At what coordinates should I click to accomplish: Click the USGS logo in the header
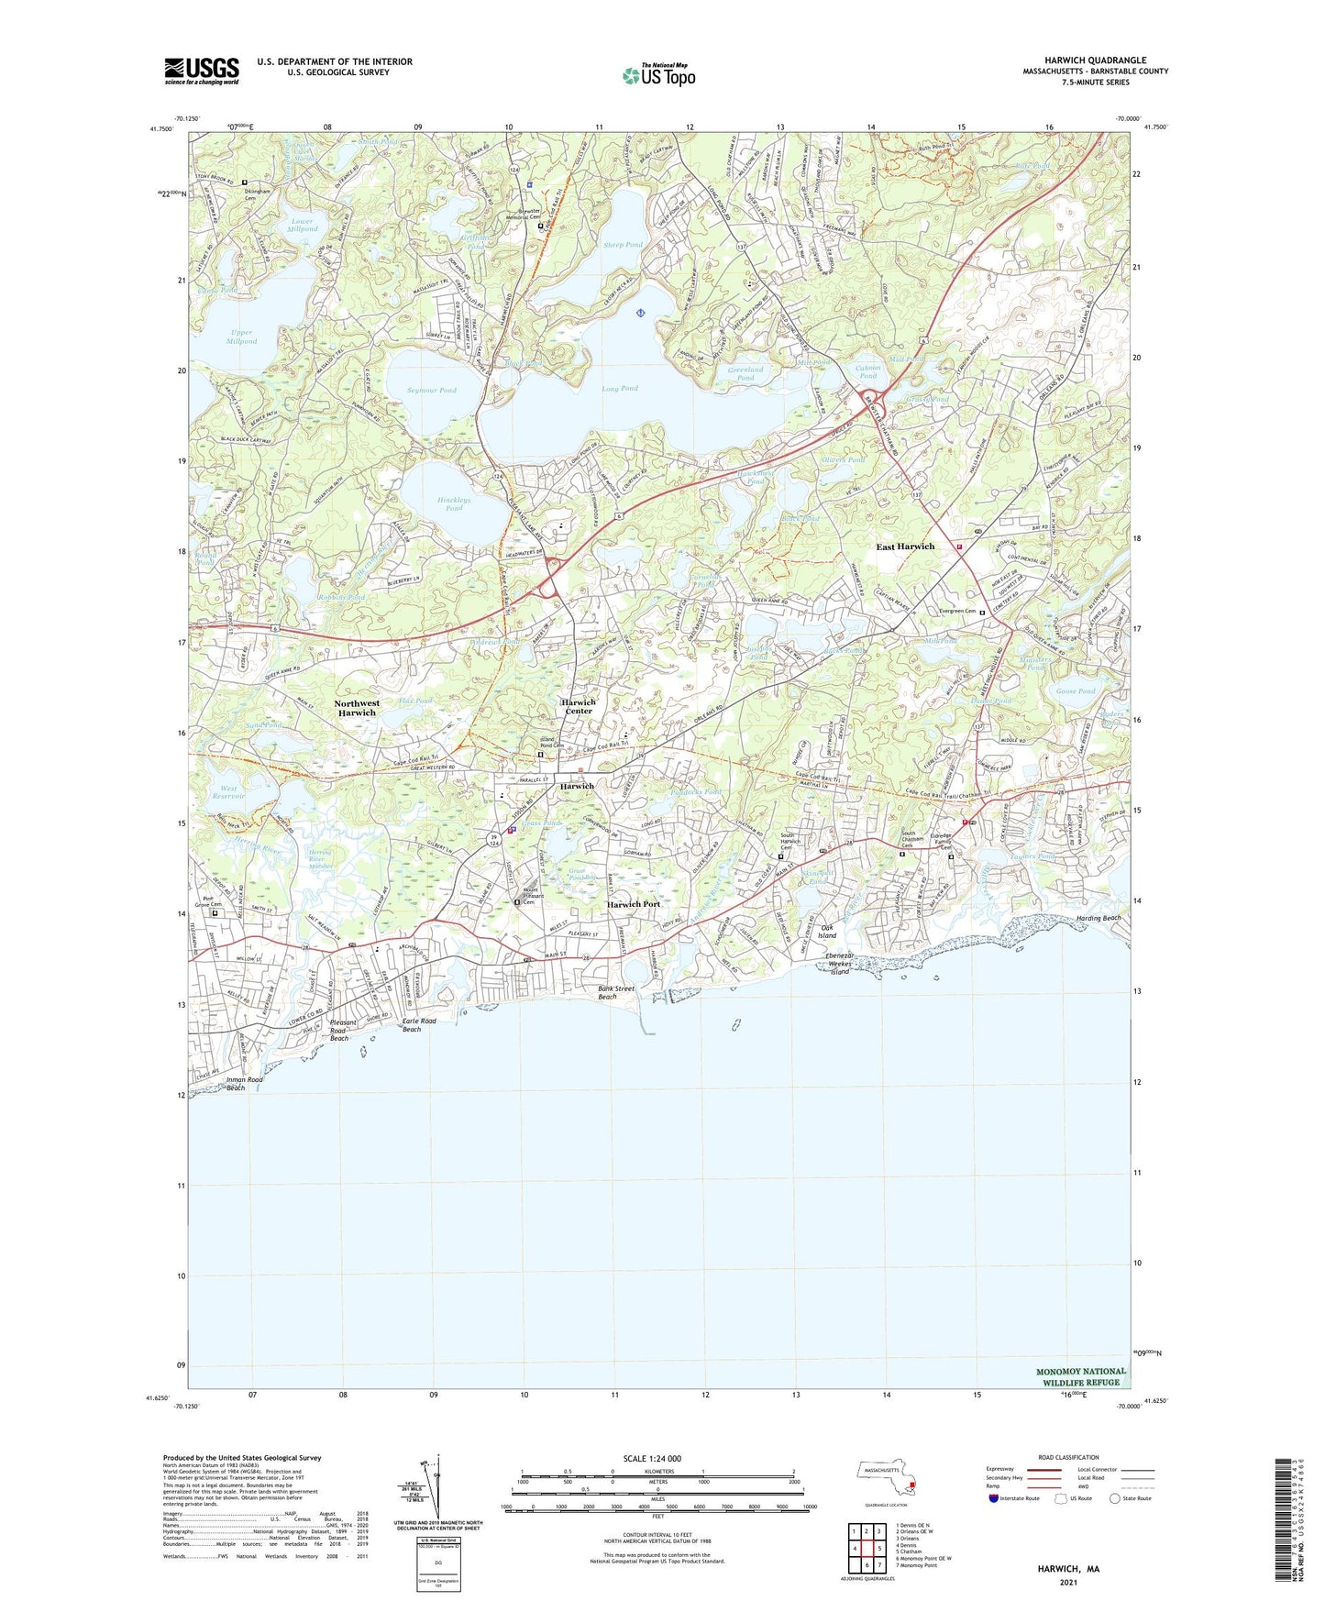[x=202, y=71]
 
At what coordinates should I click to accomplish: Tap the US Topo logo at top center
[x=657, y=74]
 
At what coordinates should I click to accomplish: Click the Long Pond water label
[x=620, y=388]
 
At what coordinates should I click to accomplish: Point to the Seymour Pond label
[x=432, y=390]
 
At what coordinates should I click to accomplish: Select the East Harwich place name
[x=905, y=547]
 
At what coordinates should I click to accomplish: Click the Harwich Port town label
[x=634, y=904]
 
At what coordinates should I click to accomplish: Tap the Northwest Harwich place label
[x=356, y=708]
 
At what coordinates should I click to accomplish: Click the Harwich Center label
[x=578, y=706]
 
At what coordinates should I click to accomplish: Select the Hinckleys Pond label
[x=454, y=504]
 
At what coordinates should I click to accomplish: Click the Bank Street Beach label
[x=616, y=992]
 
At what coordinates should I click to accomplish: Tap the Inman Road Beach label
[x=244, y=1084]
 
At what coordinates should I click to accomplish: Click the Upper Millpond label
[x=242, y=337]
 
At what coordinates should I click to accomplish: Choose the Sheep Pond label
[x=624, y=245]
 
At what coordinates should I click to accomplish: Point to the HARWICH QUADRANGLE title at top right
[x=1095, y=61]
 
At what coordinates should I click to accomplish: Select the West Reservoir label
[x=228, y=792]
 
